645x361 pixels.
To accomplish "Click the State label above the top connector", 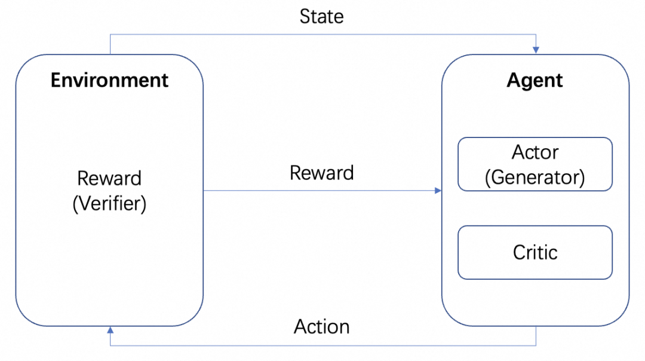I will point(321,16).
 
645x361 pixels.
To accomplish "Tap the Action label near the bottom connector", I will point(321,327).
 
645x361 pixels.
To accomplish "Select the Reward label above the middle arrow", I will point(321,173).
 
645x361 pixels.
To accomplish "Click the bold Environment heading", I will point(109,80).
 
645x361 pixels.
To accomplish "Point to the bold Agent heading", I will point(535,80).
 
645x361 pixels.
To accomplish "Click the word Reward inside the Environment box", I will point(109,178).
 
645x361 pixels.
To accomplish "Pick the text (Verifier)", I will point(109,204).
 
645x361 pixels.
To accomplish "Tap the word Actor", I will point(535,152).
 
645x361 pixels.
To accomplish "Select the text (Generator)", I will point(535,177).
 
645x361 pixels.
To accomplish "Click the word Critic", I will point(535,252).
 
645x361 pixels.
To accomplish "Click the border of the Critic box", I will point(535,226).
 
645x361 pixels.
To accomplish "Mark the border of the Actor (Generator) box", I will point(535,138).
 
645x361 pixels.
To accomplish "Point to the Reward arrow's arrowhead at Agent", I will point(438,191).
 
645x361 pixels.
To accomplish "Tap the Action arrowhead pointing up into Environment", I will point(110,331).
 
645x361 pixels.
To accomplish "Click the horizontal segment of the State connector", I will point(322,35).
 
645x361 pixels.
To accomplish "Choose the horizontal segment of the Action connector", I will point(322,345).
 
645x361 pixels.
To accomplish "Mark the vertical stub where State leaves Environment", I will point(110,44).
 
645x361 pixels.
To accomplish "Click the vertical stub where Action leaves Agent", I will point(536,336).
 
